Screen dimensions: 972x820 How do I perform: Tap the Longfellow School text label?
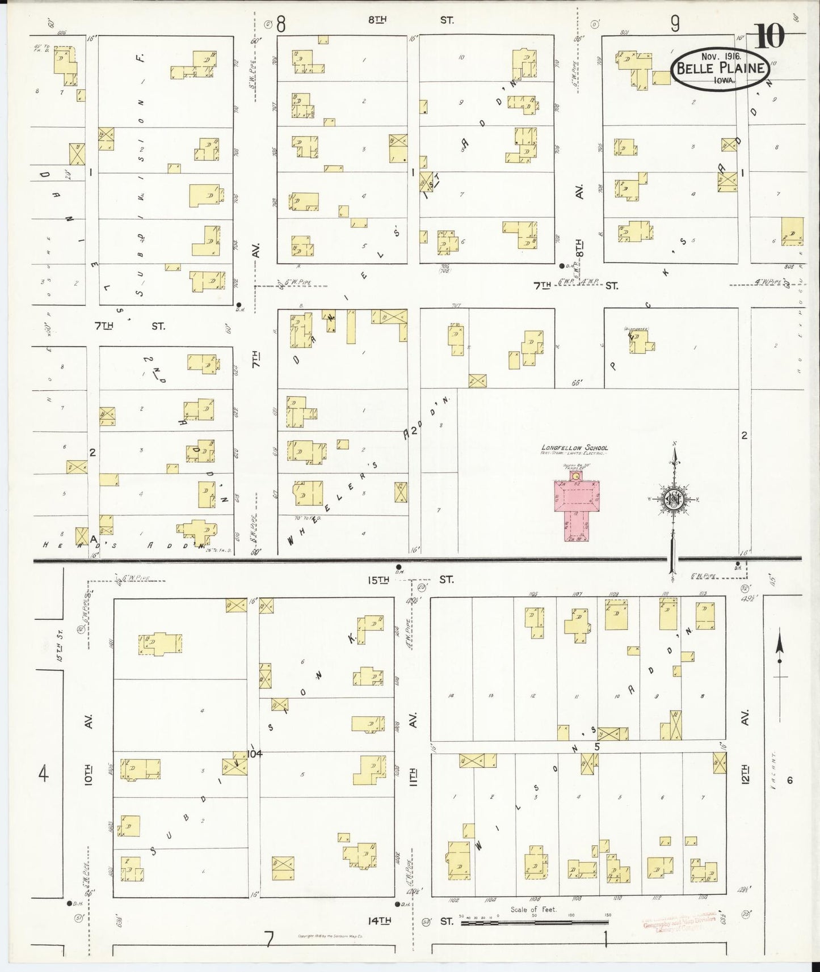point(574,448)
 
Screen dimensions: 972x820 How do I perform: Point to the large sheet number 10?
point(770,37)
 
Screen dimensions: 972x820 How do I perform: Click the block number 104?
point(255,754)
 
